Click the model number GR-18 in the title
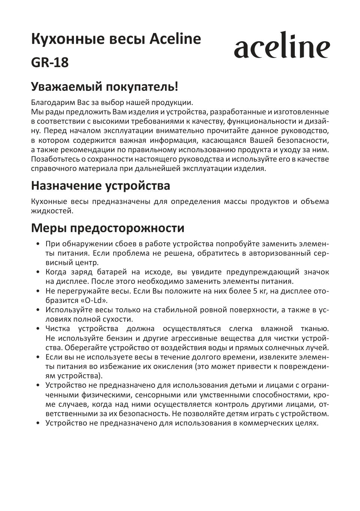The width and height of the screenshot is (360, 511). (x=50, y=63)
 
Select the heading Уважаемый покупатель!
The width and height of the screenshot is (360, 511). (x=104, y=87)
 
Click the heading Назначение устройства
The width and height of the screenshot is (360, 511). (x=100, y=185)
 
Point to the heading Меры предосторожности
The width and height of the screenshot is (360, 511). (x=108, y=228)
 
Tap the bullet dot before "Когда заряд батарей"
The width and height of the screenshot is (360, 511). (x=38, y=273)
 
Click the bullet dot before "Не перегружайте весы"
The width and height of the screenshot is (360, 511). (x=38, y=291)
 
